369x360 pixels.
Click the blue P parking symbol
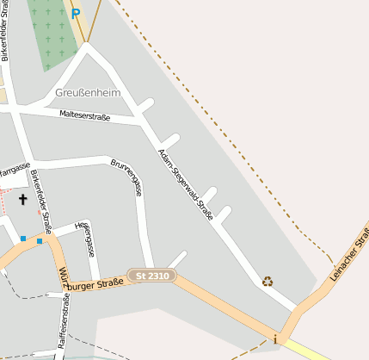coord(76,13)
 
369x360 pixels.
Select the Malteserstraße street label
coord(85,115)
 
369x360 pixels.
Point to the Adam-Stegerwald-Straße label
coord(186,184)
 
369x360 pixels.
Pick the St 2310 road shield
coord(151,276)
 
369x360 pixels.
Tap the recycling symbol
coord(268,280)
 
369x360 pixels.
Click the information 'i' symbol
coord(275,339)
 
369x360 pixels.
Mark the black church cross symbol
coord(22,200)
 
